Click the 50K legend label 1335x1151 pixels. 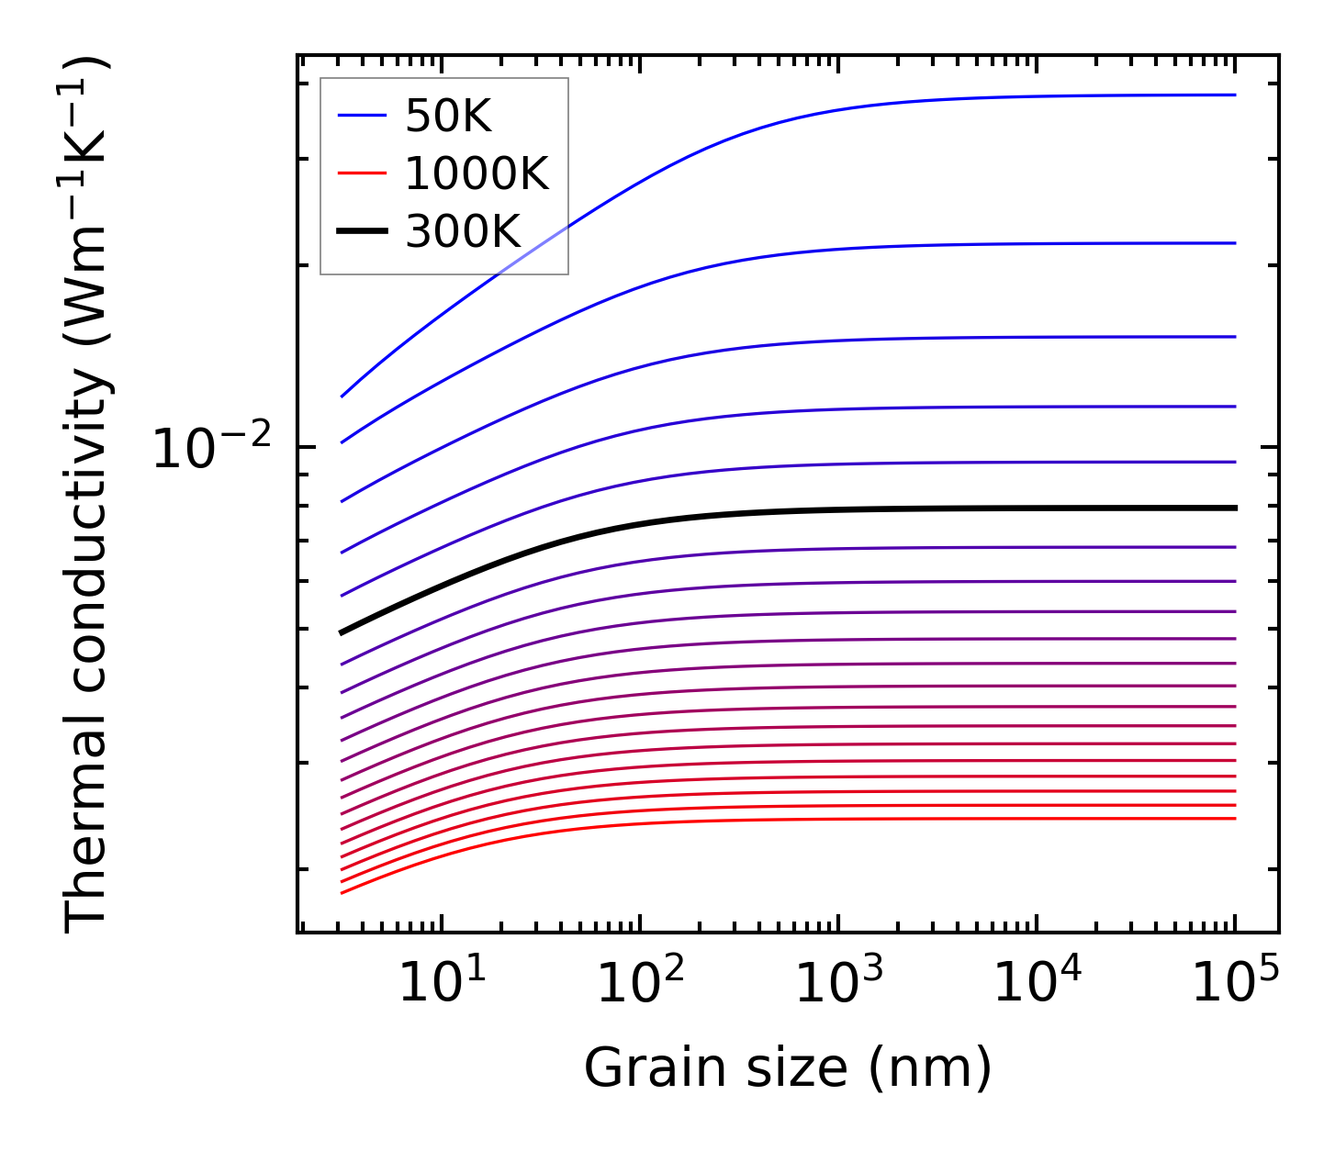[449, 117]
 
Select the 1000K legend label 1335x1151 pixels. [477, 173]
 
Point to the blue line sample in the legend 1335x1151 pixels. [362, 116]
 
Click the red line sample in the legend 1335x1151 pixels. [362, 173]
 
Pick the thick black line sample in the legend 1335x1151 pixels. [362, 231]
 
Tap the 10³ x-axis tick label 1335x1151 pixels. [839, 984]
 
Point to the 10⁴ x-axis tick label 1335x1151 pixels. [1038, 984]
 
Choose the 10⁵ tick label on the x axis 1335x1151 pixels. [1236, 984]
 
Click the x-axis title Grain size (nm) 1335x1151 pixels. [788, 1068]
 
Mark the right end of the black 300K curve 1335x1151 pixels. [1235, 508]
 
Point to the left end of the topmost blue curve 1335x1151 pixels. [342, 397]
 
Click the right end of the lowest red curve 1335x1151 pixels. [1235, 819]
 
